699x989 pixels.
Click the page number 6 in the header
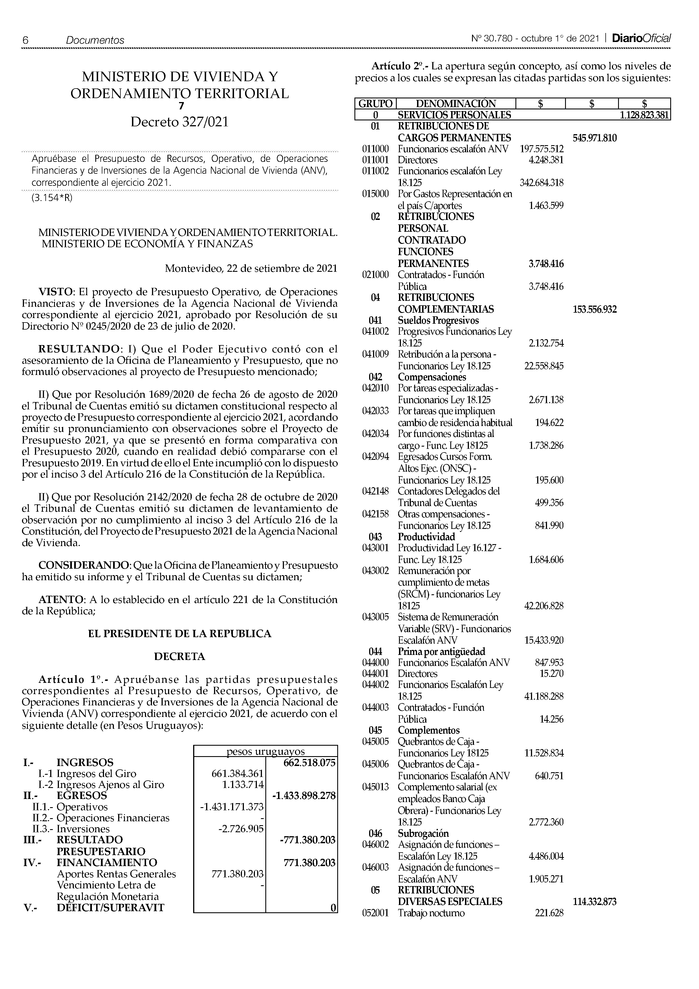pos(25,41)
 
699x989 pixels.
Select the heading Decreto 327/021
pos(180,122)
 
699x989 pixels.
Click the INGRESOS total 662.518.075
pos(309,763)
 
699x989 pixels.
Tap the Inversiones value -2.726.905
pos(241,829)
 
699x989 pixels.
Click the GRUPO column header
pos(375,104)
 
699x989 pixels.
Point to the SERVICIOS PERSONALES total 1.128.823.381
pos(644,115)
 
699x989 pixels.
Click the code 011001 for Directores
pos(375,160)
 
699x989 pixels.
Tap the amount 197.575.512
pos(541,149)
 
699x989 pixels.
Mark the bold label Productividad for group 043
pos(426,537)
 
